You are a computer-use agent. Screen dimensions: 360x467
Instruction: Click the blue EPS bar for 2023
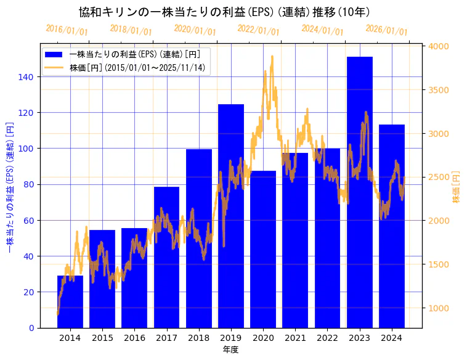359,192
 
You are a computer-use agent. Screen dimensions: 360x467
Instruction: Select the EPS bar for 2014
70,301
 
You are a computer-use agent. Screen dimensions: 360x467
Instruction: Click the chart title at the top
224,12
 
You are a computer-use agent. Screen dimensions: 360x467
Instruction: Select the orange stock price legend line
54,68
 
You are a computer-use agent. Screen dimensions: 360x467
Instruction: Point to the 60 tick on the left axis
31,220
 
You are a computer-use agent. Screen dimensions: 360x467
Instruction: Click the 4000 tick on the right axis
439,46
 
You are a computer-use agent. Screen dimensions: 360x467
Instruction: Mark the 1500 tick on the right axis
439,264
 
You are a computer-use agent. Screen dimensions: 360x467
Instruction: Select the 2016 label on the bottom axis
134,338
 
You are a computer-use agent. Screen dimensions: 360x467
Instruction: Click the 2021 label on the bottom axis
295,338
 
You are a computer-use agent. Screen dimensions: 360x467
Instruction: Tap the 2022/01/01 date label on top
258,30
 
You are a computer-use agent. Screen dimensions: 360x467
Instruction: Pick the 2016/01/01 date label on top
67,30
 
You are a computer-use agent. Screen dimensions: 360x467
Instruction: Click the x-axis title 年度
230,350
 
